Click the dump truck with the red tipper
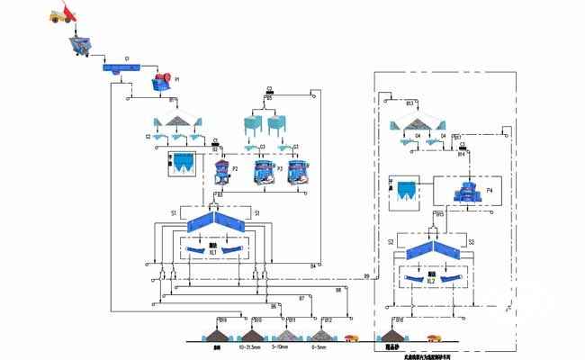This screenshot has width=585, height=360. coord(61,15)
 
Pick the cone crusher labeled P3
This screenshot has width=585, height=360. coord(261,171)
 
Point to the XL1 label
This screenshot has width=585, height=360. coord(213,253)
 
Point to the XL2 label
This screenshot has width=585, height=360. coord(431,281)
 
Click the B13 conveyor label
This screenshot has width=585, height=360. coord(409,103)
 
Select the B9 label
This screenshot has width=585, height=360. coord(366,274)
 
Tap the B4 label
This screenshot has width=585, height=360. coord(313,265)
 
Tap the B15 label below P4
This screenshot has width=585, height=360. coord(440,214)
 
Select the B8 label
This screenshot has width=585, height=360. coord(338,289)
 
